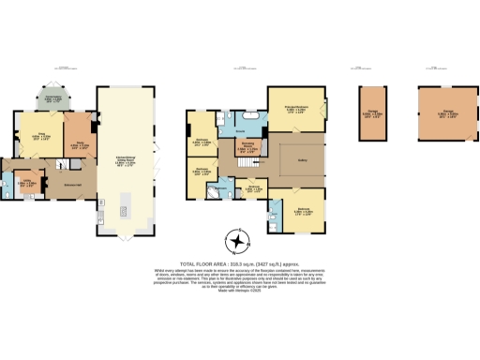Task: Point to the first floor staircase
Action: coord(247,166)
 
